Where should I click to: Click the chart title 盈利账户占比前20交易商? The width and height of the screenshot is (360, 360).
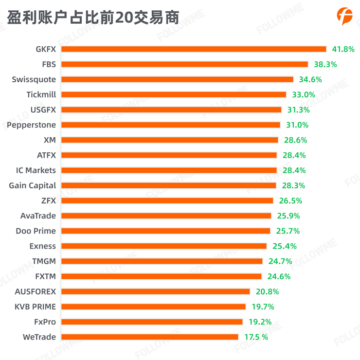pos(93,18)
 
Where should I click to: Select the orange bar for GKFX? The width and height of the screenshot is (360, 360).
pos(194,49)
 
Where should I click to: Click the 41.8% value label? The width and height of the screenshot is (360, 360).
pos(343,49)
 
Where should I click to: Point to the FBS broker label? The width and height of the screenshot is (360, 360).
pos(49,64)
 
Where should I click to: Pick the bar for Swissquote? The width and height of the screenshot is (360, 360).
pos(177,80)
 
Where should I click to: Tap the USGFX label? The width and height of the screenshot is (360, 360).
pos(43,110)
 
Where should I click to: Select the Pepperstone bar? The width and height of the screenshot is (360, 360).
pos(171,125)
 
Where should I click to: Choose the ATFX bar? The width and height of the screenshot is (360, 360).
pos(169,155)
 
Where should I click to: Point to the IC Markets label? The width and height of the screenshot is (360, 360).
pos(36,170)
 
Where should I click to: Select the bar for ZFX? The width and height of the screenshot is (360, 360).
pos(167,201)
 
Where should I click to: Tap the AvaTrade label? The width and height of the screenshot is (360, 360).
pos(38,215)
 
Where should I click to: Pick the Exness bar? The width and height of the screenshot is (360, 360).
pos(164,246)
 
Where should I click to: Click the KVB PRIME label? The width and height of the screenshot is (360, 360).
pos(35,307)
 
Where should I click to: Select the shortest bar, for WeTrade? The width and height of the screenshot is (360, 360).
pos(150,337)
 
